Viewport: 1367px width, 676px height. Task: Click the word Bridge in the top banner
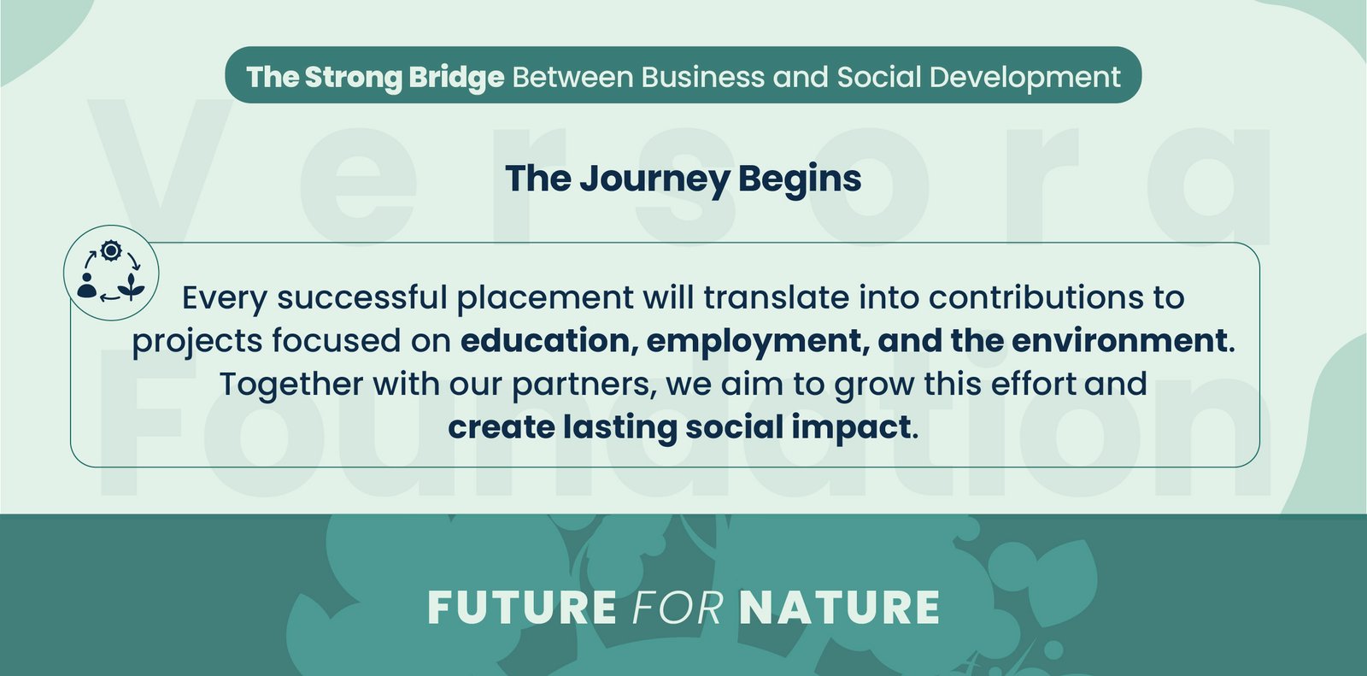point(456,78)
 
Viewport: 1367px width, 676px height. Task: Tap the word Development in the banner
point(1024,78)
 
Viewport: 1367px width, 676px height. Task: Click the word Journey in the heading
point(654,179)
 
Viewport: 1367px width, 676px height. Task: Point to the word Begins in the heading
point(800,179)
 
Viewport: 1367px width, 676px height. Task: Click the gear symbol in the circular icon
point(111,250)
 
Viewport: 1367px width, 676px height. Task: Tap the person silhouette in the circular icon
point(87,285)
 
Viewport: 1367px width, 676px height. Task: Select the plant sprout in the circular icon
point(132,286)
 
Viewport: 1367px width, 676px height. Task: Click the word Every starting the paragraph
point(225,299)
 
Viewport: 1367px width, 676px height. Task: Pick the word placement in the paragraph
point(545,298)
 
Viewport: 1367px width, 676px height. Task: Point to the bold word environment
point(1119,341)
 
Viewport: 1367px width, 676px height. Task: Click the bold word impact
point(851,427)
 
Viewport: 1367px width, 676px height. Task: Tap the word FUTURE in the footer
point(522,608)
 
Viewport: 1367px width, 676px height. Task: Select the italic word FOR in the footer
point(678,608)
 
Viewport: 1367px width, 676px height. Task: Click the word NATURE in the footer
point(839,608)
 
